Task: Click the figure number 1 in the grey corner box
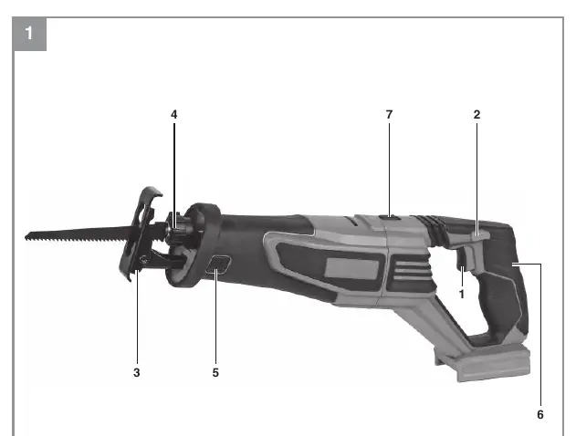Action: [x=29, y=33]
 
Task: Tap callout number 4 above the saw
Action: [x=174, y=115]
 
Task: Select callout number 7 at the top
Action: [x=390, y=115]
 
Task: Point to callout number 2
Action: [x=477, y=115]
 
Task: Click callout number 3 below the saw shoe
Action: [x=137, y=372]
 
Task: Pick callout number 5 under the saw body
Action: [x=215, y=372]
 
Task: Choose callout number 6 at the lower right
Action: [x=540, y=414]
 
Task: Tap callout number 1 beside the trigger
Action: [x=462, y=294]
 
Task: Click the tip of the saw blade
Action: [x=26, y=236]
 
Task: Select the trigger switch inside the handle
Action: [x=461, y=263]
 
